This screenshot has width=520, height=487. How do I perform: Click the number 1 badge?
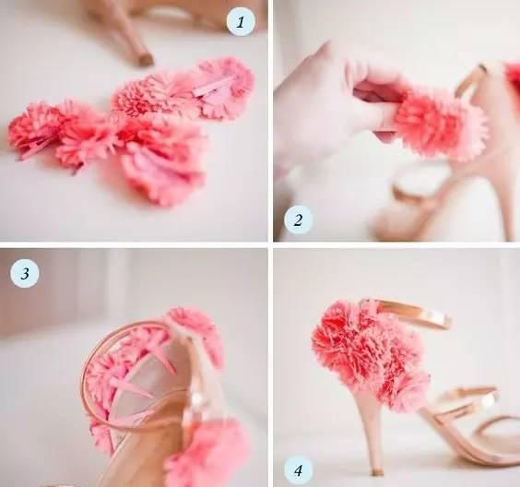[241, 22]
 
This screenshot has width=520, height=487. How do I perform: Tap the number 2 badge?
[298, 220]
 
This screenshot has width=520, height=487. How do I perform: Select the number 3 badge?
[25, 274]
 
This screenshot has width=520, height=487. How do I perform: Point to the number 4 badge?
[298, 470]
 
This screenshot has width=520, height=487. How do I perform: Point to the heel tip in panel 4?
[376, 471]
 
